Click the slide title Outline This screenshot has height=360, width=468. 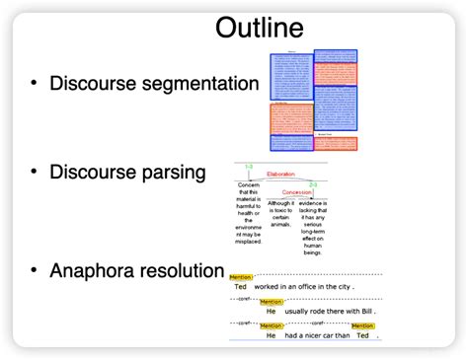260,27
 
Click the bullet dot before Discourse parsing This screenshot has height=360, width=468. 37,173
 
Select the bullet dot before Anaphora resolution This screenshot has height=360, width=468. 37,269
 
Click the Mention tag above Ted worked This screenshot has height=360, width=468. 241,278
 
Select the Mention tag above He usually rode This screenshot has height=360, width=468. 271,302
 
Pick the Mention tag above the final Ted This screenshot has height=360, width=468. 362,325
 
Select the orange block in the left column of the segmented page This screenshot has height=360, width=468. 291,118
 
